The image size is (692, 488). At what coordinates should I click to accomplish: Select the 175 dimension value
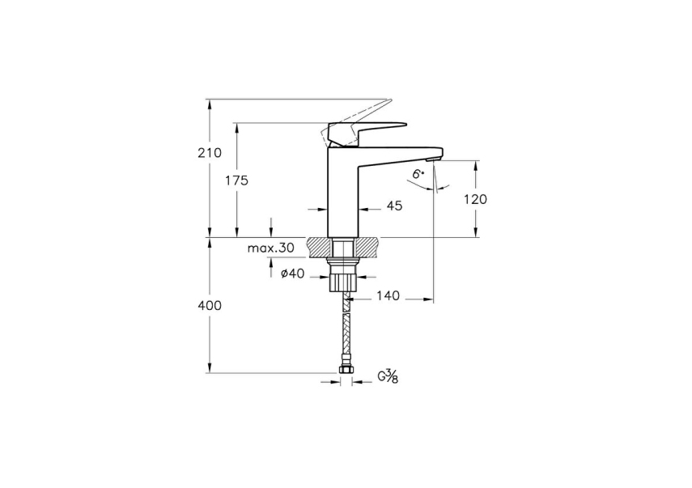237,180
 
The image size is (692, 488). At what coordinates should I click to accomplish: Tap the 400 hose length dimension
210,306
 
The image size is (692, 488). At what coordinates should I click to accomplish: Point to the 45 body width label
394,206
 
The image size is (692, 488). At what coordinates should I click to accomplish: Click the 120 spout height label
475,198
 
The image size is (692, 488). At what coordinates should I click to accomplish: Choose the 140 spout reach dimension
388,298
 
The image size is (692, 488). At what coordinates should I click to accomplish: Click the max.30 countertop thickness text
271,248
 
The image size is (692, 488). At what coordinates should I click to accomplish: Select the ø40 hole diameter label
292,274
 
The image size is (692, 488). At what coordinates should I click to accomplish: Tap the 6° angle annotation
418,174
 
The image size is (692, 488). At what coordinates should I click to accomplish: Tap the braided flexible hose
345,332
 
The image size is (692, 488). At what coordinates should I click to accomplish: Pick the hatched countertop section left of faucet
320,245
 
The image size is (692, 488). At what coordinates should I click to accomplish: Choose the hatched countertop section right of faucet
368,245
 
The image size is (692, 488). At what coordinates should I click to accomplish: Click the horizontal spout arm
401,151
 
